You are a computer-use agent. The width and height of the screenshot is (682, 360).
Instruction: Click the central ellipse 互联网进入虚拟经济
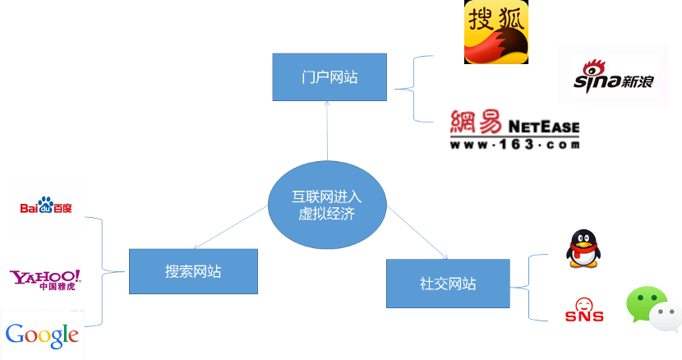[326, 205]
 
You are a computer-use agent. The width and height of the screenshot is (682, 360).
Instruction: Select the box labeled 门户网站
[329, 77]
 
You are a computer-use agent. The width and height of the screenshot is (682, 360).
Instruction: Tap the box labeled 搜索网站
[192, 271]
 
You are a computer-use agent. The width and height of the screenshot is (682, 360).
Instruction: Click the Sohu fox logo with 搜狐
[496, 32]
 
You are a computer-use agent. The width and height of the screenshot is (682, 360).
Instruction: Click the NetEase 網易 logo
[514, 125]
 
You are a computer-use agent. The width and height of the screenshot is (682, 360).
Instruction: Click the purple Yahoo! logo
[45, 278]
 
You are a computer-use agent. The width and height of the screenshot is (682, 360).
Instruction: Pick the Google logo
[42, 335]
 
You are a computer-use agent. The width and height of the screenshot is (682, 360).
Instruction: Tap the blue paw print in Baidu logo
[45, 203]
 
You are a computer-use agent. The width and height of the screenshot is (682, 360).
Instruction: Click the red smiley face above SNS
[584, 303]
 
